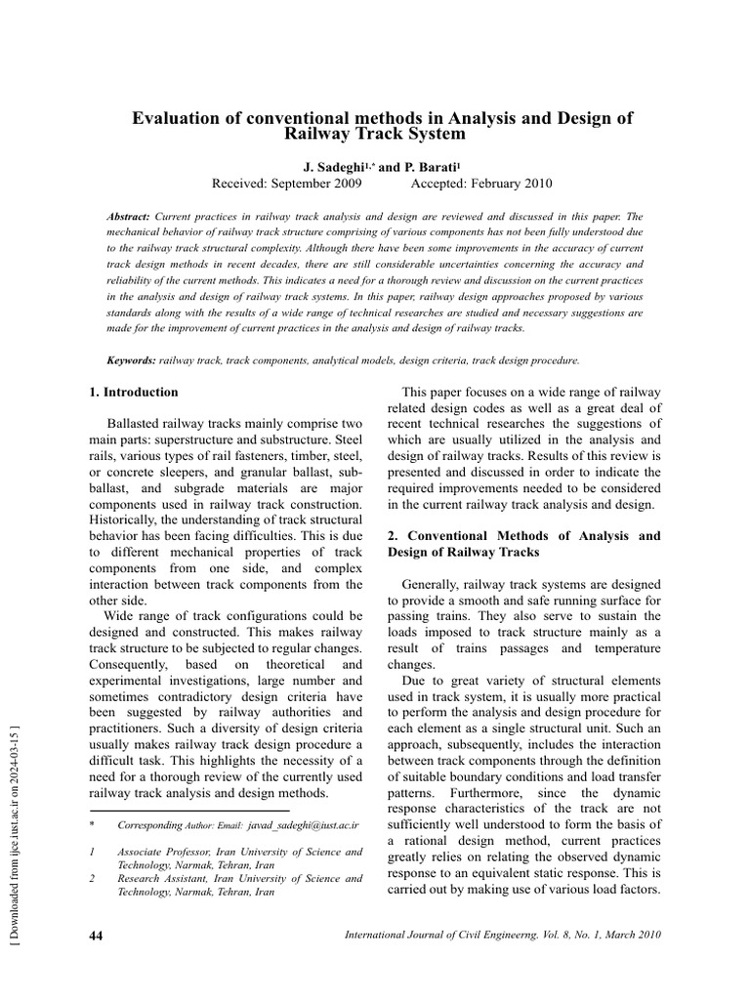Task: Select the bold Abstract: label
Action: tap(127, 215)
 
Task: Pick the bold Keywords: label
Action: tap(131, 360)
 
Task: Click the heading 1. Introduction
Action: tap(134, 393)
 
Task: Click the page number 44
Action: tap(97, 936)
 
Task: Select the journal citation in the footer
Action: tap(503, 936)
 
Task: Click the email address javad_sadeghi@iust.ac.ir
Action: tap(305, 825)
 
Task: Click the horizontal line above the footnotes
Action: tap(189, 811)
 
